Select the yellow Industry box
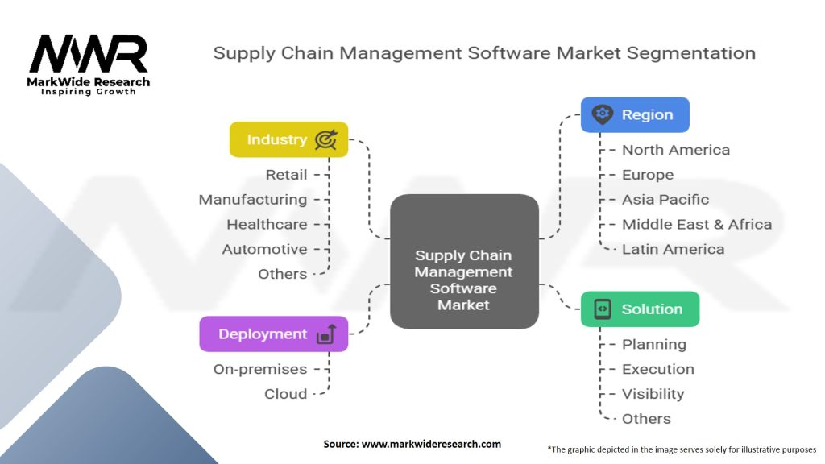[288, 139]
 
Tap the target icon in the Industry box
[325, 140]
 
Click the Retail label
[286, 174]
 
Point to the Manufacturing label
[253, 199]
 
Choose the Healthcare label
[267, 224]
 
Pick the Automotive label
[264, 249]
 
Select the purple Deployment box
[273, 334]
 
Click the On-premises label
[260, 369]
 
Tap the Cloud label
[285, 394]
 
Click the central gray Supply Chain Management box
[464, 261]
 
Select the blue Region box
[635, 114]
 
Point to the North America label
[675, 150]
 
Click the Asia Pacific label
[665, 199]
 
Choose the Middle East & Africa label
[696, 224]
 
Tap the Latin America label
[673, 249]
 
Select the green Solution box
[640, 309]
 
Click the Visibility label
[653, 394]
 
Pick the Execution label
[657, 369]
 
